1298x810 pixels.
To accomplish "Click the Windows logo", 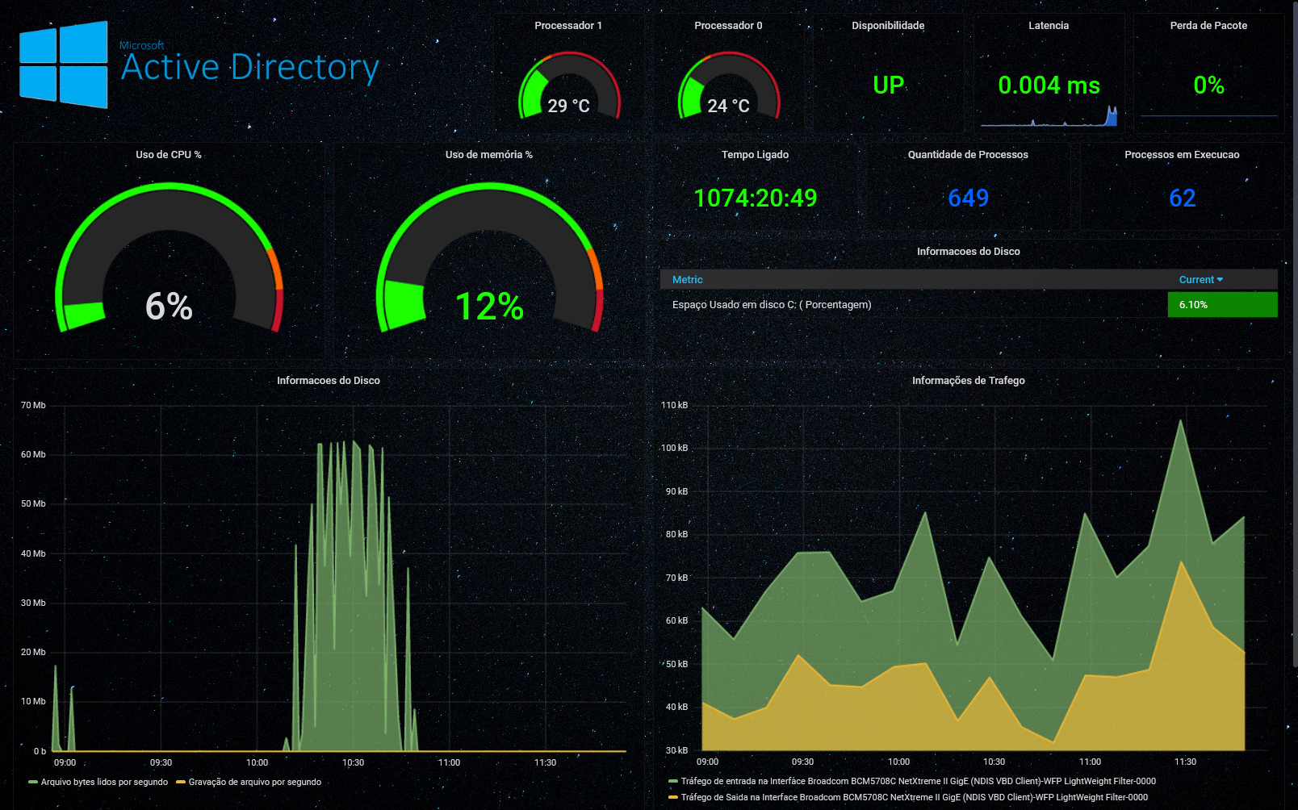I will [64, 65].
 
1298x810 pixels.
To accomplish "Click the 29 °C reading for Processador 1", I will [568, 106].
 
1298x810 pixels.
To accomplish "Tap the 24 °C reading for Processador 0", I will [728, 106].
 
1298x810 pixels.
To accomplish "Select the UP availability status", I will [888, 85].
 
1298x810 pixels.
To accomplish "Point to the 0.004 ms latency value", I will [1049, 85].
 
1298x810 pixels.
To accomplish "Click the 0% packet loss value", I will [1208, 85].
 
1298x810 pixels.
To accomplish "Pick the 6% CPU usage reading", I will [169, 307].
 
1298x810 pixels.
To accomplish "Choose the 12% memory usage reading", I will [489, 307].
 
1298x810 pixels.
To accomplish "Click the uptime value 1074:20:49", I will [755, 198].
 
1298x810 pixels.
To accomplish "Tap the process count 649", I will [968, 198].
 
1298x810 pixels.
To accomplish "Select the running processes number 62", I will [1182, 198].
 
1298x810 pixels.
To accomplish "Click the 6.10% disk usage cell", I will [1222, 305].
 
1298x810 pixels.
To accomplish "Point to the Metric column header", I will [687, 280].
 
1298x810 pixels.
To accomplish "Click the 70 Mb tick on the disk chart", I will [33, 405].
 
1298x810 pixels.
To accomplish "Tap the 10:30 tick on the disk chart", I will [353, 762].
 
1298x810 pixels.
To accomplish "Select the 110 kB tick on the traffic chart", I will [674, 405].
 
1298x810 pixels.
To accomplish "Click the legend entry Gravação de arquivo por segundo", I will [254, 782].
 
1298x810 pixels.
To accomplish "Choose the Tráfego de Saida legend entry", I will [913, 797].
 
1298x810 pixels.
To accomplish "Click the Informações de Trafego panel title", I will [968, 381].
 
